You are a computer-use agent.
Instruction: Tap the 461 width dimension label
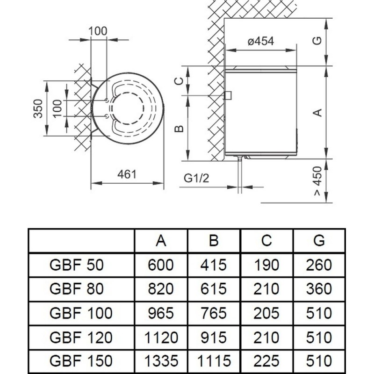126,174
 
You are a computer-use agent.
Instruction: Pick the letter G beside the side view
317,42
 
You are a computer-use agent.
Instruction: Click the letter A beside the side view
317,112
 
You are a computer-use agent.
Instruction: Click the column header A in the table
161,241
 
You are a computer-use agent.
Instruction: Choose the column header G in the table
319,241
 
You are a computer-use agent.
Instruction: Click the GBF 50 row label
76,266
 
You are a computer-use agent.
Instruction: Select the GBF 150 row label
80,361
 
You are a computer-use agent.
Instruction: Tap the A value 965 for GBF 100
161,313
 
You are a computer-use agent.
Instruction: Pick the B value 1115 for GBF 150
214,361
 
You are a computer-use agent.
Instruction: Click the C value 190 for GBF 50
266,266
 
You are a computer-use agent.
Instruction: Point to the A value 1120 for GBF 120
161,337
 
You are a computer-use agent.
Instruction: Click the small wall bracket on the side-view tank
228,96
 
